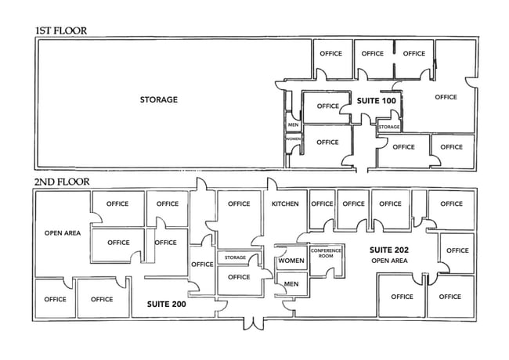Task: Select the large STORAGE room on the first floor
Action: click(159, 99)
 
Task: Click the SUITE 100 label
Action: click(377, 101)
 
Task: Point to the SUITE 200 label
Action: click(166, 304)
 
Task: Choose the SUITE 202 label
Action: click(390, 250)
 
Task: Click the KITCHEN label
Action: click(285, 204)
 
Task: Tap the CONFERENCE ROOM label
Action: click(327, 254)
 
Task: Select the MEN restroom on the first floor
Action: click(294, 124)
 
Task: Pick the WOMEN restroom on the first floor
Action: click(294, 139)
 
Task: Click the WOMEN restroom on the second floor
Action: click(291, 261)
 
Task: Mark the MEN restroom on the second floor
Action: click(291, 284)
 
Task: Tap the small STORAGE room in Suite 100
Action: click(389, 127)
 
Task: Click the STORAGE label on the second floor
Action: click(236, 257)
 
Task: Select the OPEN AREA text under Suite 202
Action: click(390, 261)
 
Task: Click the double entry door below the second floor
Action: click(252, 321)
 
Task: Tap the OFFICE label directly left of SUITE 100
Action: click(328, 106)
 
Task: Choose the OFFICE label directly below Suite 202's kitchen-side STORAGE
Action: click(239, 277)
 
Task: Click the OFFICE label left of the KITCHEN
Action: click(239, 204)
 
